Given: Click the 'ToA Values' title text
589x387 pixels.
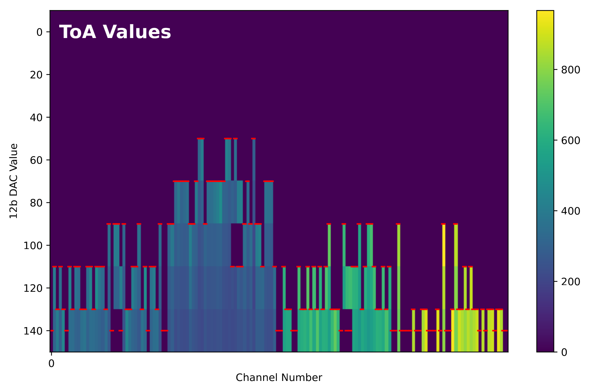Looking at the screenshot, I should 115,32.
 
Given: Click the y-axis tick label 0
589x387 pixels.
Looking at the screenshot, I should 39,32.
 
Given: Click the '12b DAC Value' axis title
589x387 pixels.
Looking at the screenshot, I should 13,181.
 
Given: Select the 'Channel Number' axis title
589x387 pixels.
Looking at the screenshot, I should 279,378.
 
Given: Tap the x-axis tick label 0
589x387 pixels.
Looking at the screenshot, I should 51,363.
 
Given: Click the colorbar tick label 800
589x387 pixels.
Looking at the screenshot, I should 571,70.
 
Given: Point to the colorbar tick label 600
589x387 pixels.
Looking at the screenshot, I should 571,140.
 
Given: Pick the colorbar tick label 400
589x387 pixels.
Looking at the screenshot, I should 571,211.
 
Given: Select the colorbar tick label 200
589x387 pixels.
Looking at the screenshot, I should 571,282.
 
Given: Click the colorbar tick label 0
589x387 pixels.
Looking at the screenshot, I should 564,352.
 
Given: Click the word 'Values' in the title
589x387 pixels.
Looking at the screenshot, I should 137,32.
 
